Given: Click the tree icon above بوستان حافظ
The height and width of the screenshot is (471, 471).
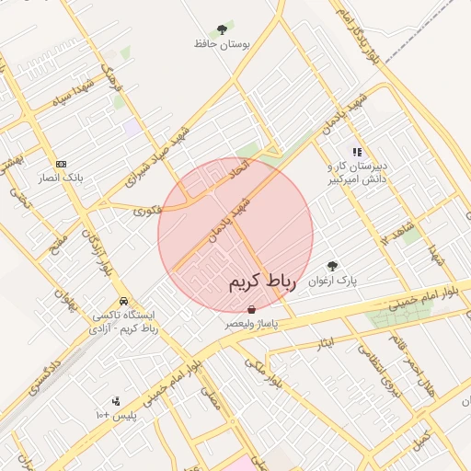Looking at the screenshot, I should point(221,30).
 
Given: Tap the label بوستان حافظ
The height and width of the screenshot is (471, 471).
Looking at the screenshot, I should point(221,44).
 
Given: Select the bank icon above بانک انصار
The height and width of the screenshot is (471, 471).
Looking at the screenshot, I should point(62,163).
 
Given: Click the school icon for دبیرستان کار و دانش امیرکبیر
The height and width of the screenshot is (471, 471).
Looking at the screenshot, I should point(357,152).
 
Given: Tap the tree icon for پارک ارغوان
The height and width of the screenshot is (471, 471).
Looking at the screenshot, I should point(332,265).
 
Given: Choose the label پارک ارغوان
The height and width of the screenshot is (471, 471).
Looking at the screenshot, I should point(332,279).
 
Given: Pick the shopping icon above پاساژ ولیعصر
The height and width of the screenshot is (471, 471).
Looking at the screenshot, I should point(252,311).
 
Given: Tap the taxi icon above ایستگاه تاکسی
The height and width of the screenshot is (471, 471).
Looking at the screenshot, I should point(123,301).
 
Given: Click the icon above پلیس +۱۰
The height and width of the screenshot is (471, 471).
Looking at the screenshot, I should point(115,401).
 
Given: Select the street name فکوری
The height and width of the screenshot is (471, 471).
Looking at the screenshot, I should point(147,210).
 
